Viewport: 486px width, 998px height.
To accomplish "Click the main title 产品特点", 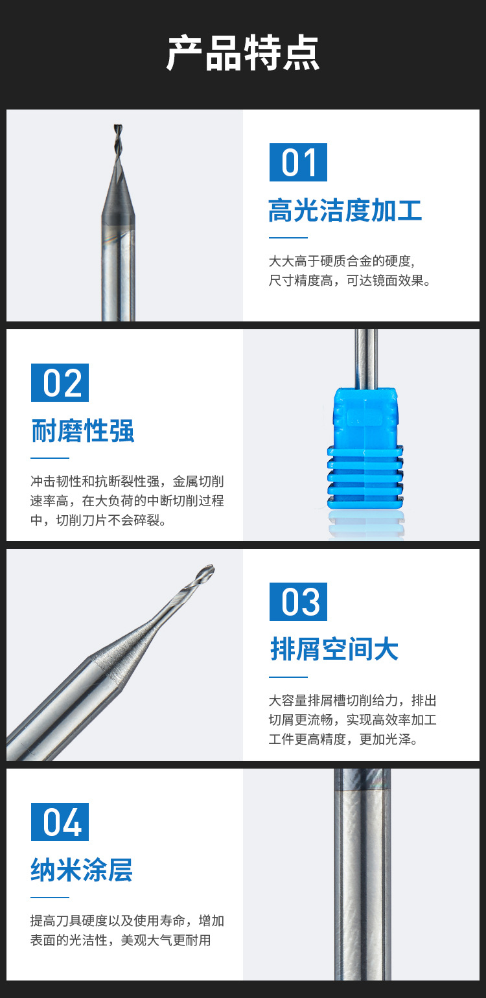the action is (243, 53).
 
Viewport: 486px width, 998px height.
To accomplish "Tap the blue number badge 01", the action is (298, 162).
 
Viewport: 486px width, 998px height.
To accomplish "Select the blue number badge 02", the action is (60, 382).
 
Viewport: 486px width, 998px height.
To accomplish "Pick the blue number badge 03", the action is (298, 601).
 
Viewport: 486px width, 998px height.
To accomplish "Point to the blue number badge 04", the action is (60, 822).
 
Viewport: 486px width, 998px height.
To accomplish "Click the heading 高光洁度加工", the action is (345, 211).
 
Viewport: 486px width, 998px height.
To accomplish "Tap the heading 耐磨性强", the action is (82, 431).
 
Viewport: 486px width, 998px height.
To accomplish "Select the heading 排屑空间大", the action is (334, 649).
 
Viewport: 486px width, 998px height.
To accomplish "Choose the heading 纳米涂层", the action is (82, 870).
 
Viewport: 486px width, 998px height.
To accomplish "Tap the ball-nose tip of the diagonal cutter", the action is (206, 572).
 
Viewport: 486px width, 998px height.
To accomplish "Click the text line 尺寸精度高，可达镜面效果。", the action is (350, 281).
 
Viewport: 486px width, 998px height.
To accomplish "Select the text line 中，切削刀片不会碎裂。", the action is (98, 520).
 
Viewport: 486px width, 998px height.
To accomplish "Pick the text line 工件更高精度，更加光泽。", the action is (343, 739).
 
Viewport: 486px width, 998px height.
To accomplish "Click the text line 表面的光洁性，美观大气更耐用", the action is (121, 940).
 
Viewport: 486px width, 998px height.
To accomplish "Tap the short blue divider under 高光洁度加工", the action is (288, 238).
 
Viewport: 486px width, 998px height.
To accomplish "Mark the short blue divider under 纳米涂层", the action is (50, 898).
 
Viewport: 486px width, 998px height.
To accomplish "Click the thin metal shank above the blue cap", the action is (366, 358).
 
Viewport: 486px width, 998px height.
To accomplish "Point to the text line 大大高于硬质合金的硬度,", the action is (341, 261).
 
